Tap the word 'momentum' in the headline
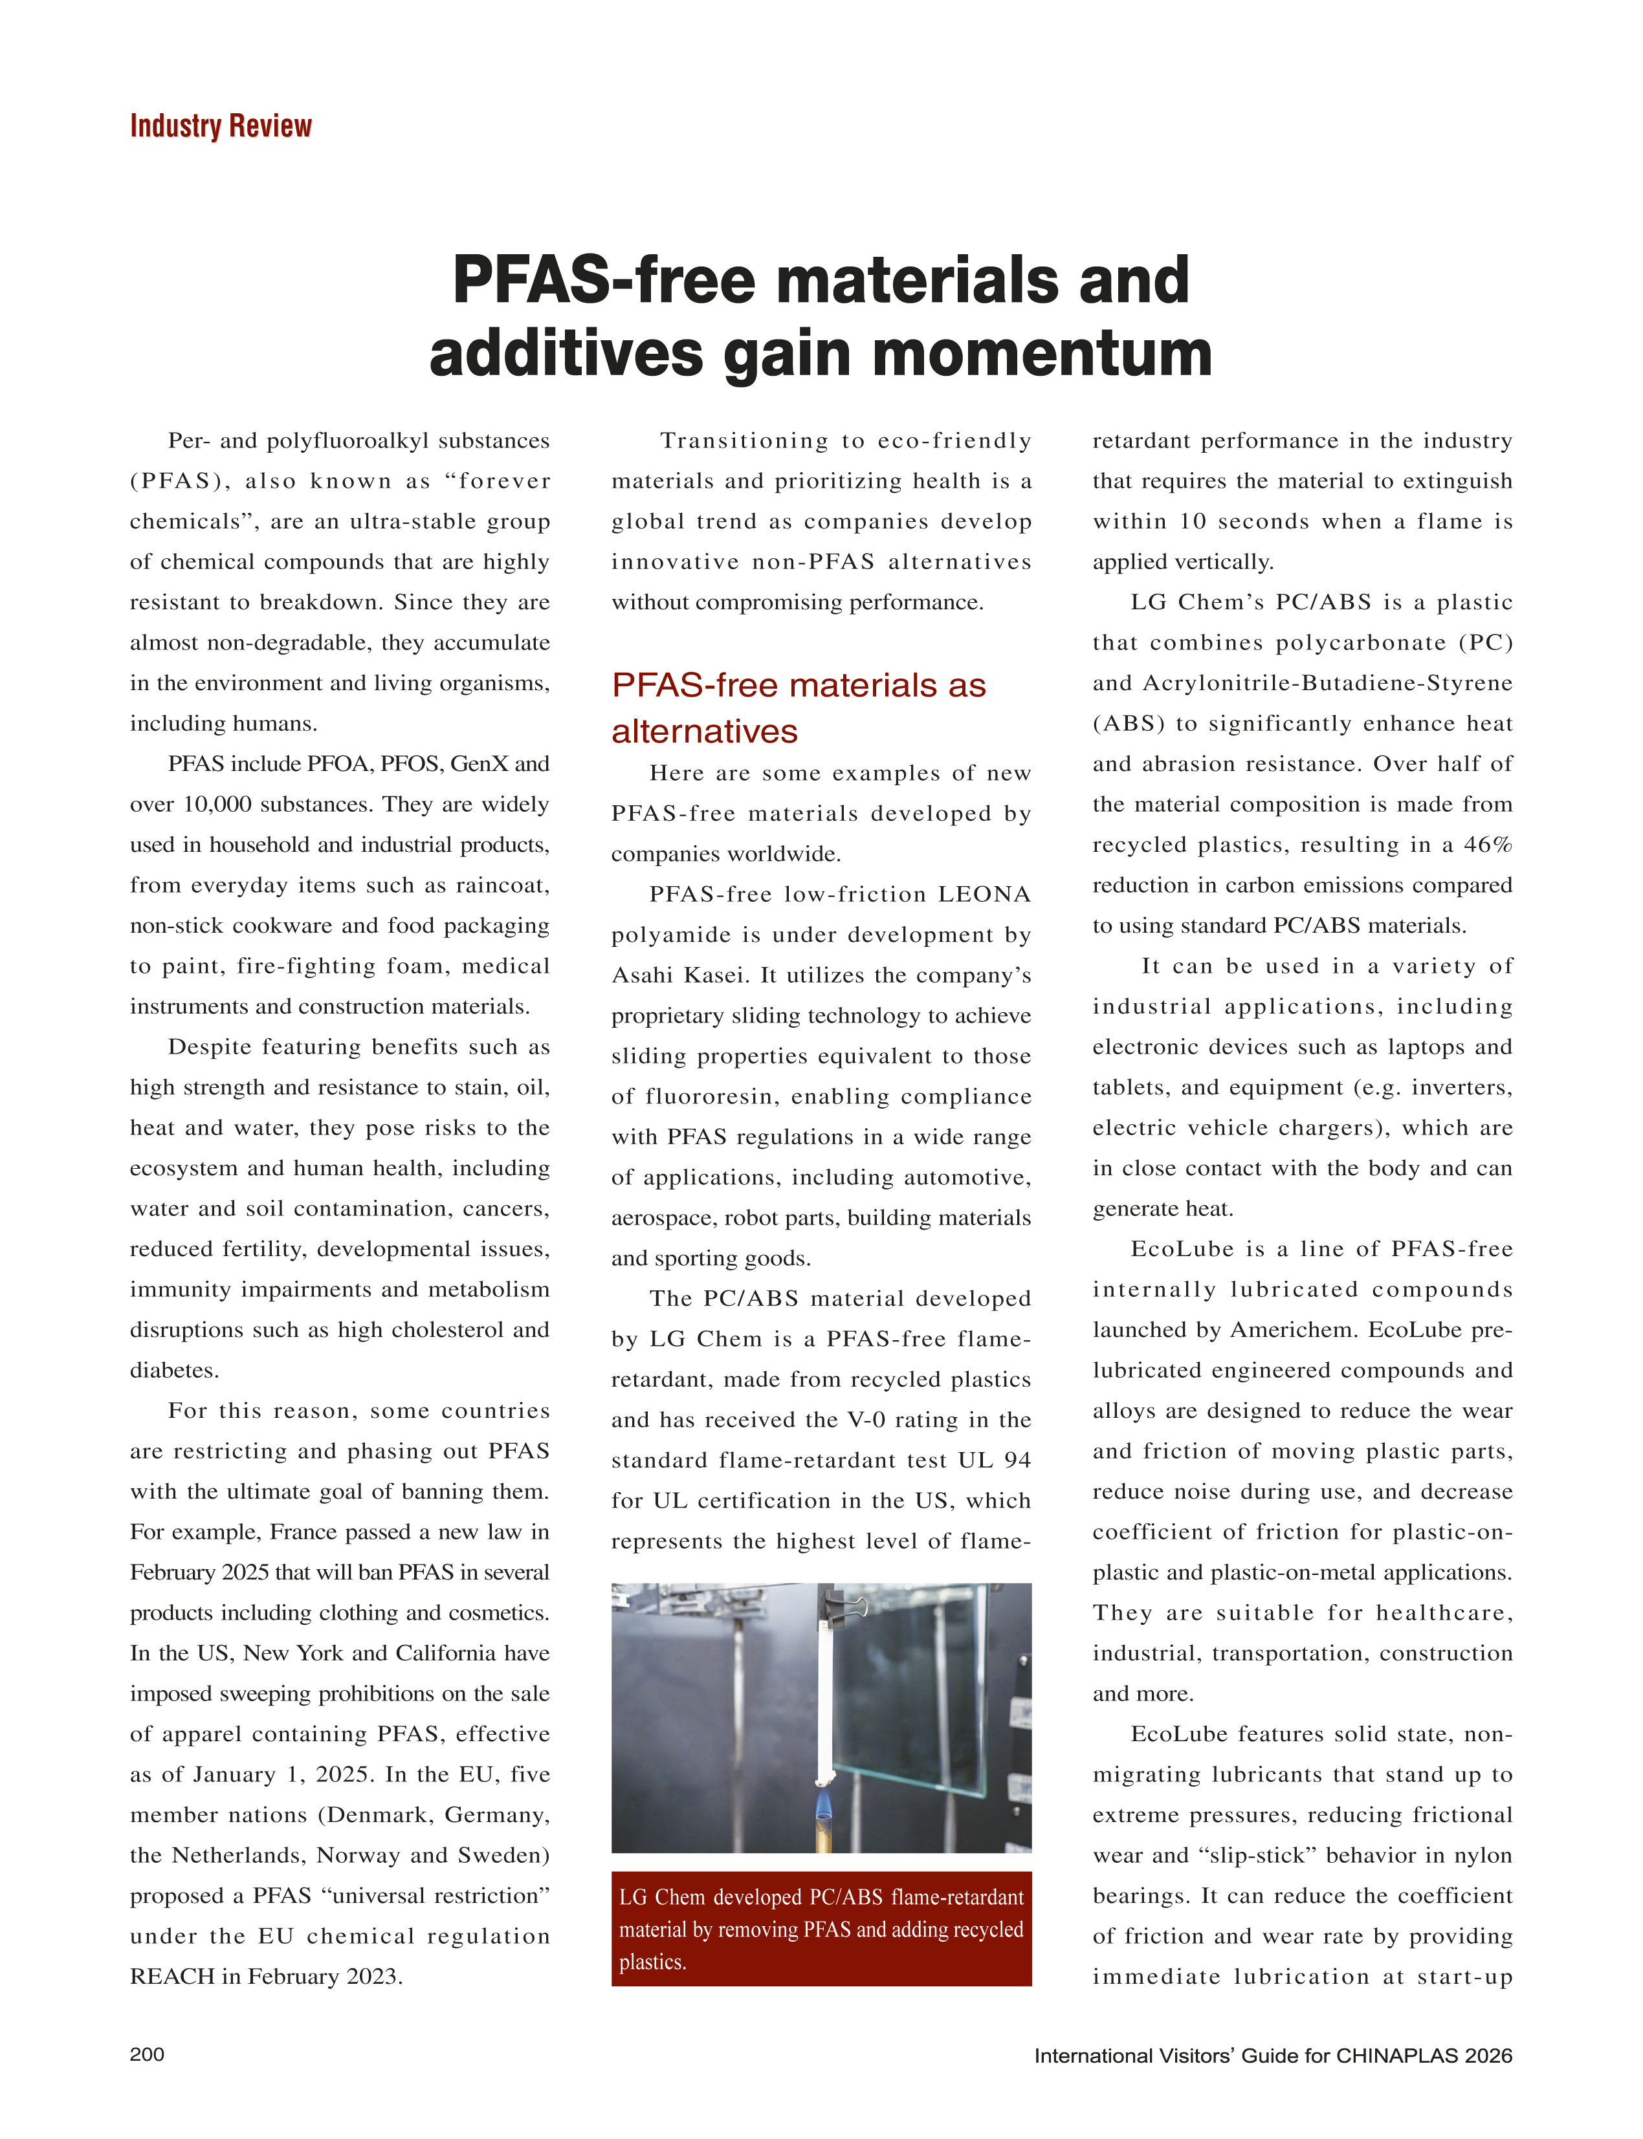1042,354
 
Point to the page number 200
147,2054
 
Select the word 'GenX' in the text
478,763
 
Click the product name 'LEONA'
984,895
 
